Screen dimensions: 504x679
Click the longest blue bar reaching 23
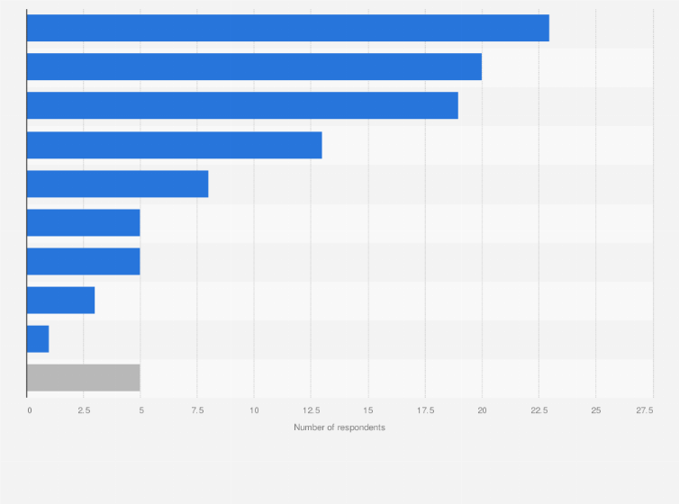click(288, 28)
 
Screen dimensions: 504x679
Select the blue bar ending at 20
click(254, 67)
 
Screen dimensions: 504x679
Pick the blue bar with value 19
click(242, 105)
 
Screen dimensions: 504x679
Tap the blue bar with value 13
click(174, 145)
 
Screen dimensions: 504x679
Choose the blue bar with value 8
click(117, 184)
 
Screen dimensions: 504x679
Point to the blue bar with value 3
click(60, 300)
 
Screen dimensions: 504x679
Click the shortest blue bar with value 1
click(38, 339)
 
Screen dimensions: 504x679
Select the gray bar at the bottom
click(83, 378)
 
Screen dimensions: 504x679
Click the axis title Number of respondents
click(339, 427)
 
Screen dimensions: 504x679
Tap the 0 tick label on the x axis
click(29, 410)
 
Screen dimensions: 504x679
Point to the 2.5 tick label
click(83, 410)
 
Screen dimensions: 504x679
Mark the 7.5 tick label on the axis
click(197, 410)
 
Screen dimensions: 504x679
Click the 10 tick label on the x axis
click(254, 410)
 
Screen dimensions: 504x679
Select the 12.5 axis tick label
click(311, 410)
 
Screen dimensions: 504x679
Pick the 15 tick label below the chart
click(367, 410)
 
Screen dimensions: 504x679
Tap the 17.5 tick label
click(425, 410)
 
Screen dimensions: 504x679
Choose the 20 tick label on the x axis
click(482, 410)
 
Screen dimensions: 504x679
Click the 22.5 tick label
click(539, 410)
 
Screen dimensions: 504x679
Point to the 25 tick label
click(595, 410)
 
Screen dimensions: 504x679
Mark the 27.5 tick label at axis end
click(645, 410)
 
